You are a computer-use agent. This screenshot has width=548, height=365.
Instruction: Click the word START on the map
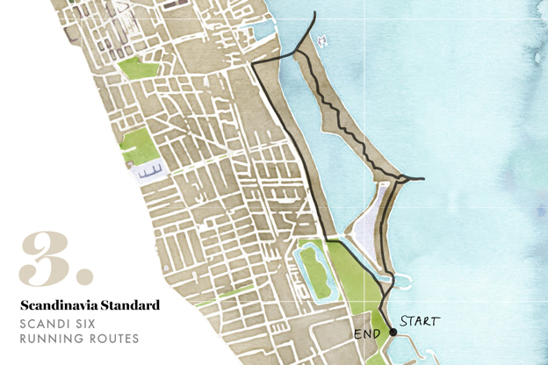click(419, 321)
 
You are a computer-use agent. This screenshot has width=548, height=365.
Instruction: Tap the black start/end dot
click(393, 333)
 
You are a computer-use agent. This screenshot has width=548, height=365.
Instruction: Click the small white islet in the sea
click(321, 40)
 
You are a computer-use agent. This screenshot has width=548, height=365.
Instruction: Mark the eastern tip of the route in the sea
click(423, 180)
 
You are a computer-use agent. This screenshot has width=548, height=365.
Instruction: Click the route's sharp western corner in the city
click(253, 66)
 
